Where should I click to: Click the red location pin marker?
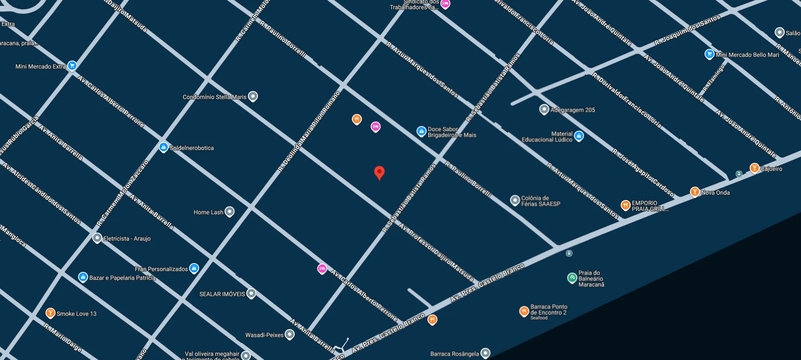pyautogui.click(x=379, y=172)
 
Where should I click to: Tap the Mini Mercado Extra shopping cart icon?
pyautogui.click(x=72, y=66)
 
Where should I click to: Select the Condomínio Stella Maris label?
pyautogui.click(x=215, y=97)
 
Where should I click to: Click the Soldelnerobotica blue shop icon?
pyautogui.click(x=164, y=147)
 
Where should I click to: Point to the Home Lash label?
pyautogui.click(x=208, y=212)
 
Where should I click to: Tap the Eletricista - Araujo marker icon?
pyautogui.click(x=97, y=238)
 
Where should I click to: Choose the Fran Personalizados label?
pyautogui.click(x=161, y=269)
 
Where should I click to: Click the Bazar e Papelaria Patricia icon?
pyautogui.click(x=83, y=277)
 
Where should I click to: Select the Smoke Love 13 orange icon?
pyautogui.click(x=50, y=313)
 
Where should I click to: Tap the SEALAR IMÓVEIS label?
pyautogui.click(x=222, y=294)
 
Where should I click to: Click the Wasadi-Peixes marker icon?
pyautogui.click(x=290, y=334)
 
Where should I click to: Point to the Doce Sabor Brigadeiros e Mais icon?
pyautogui.click(x=422, y=131)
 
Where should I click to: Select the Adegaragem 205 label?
pyautogui.click(x=573, y=110)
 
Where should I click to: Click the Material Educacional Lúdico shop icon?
pyautogui.click(x=579, y=135)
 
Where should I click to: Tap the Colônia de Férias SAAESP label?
pyautogui.click(x=541, y=201)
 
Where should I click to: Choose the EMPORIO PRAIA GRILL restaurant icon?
pyautogui.click(x=625, y=205)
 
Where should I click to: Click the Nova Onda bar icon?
pyautogui.click(x=695, y=192)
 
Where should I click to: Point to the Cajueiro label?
pyautogui.click(x=771, y=169)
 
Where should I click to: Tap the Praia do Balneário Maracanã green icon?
pyautogui.click(x=572, y=278)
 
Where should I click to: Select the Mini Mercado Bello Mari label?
pyautogui.click(x=747, y=55)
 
